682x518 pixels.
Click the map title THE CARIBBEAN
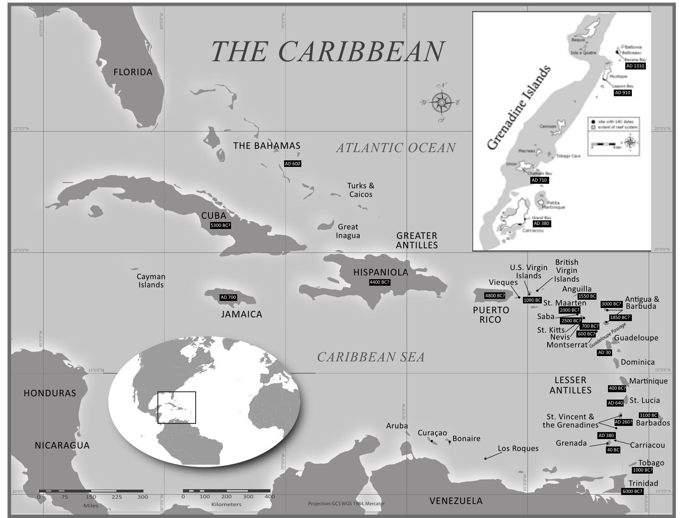coord(328,52)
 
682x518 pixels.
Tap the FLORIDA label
coord(133,72)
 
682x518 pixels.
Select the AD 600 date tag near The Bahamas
coord(293,164)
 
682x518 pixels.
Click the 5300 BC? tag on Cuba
coord(220,226)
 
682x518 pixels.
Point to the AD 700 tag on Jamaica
coord(228,297)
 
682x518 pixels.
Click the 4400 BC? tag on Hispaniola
coord(379,282)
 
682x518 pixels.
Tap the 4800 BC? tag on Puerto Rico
coord(495,296)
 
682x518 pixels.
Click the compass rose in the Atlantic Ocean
coord(442,102)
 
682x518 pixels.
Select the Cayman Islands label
coord(151,281)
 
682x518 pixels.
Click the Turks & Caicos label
coord(361,190)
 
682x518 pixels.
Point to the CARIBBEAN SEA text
coord(370,357)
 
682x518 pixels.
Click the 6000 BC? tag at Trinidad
coord(632,491)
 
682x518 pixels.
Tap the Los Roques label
coord(518,449)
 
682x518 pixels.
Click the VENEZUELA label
coord(456,501)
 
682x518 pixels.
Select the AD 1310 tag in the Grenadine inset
coord(635,66)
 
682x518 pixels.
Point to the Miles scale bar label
coord(91,505)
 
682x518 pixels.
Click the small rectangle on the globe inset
coord(177,407)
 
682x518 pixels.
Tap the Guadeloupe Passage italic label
coord(608,335)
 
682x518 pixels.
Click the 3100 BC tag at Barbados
coord(648,415)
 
